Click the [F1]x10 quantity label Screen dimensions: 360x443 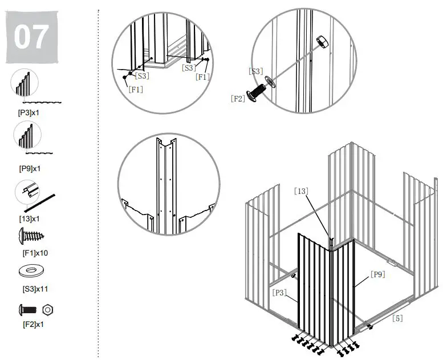pos(29,252)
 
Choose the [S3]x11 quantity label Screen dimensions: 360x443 pos(30,289)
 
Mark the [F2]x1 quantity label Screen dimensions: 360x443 pos(28,325)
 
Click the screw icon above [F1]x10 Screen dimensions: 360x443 pos(31,234)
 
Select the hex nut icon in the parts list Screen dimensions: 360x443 pos(48,310)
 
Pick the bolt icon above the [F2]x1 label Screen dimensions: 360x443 pos(27,310)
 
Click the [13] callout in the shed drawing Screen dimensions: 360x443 pos(302,191)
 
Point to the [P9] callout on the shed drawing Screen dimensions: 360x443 pos(377,274)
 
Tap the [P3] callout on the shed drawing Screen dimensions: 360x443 pos(279,292)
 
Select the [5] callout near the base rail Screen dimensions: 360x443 pos(397,318)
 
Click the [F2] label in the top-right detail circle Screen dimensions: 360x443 pos(238,98)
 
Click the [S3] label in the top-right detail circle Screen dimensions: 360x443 pos(255,71)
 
